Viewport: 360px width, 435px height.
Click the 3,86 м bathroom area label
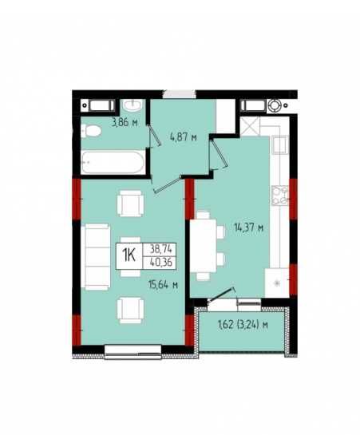click(x=125, y=122)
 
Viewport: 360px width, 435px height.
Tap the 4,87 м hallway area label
click(x=184, y=136)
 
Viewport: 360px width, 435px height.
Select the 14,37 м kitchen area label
click(x=249, y=228)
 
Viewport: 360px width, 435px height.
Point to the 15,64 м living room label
click(x=163, y=284)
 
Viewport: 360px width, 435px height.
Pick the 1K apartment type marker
click(x=129, y=255)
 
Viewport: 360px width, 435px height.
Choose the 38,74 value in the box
click(x=161, y=249)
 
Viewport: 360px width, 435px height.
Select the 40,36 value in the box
click(x=161, y=262)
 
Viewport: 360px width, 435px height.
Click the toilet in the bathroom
click(x=91, y=131)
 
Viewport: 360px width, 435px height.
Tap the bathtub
click(x=113, y=163)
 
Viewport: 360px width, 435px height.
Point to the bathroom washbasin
click(x=133, y=105)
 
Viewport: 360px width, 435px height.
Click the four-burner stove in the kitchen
click(x=279, y=196)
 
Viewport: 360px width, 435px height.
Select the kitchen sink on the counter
click(x=280, y=145)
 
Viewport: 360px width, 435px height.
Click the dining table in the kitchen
click(x=204, y=246)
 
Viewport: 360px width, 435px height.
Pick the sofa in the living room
click(x=96, y=257)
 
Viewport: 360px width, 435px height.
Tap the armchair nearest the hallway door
click(x=130, y=203)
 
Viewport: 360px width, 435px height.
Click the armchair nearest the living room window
click(x=130, y=310)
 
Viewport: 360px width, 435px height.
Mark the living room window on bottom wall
click(x=133, y=352)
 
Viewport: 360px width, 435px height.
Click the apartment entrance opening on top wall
click(x=179, y=94)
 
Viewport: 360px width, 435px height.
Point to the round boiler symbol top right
click(x=275, y=105)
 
